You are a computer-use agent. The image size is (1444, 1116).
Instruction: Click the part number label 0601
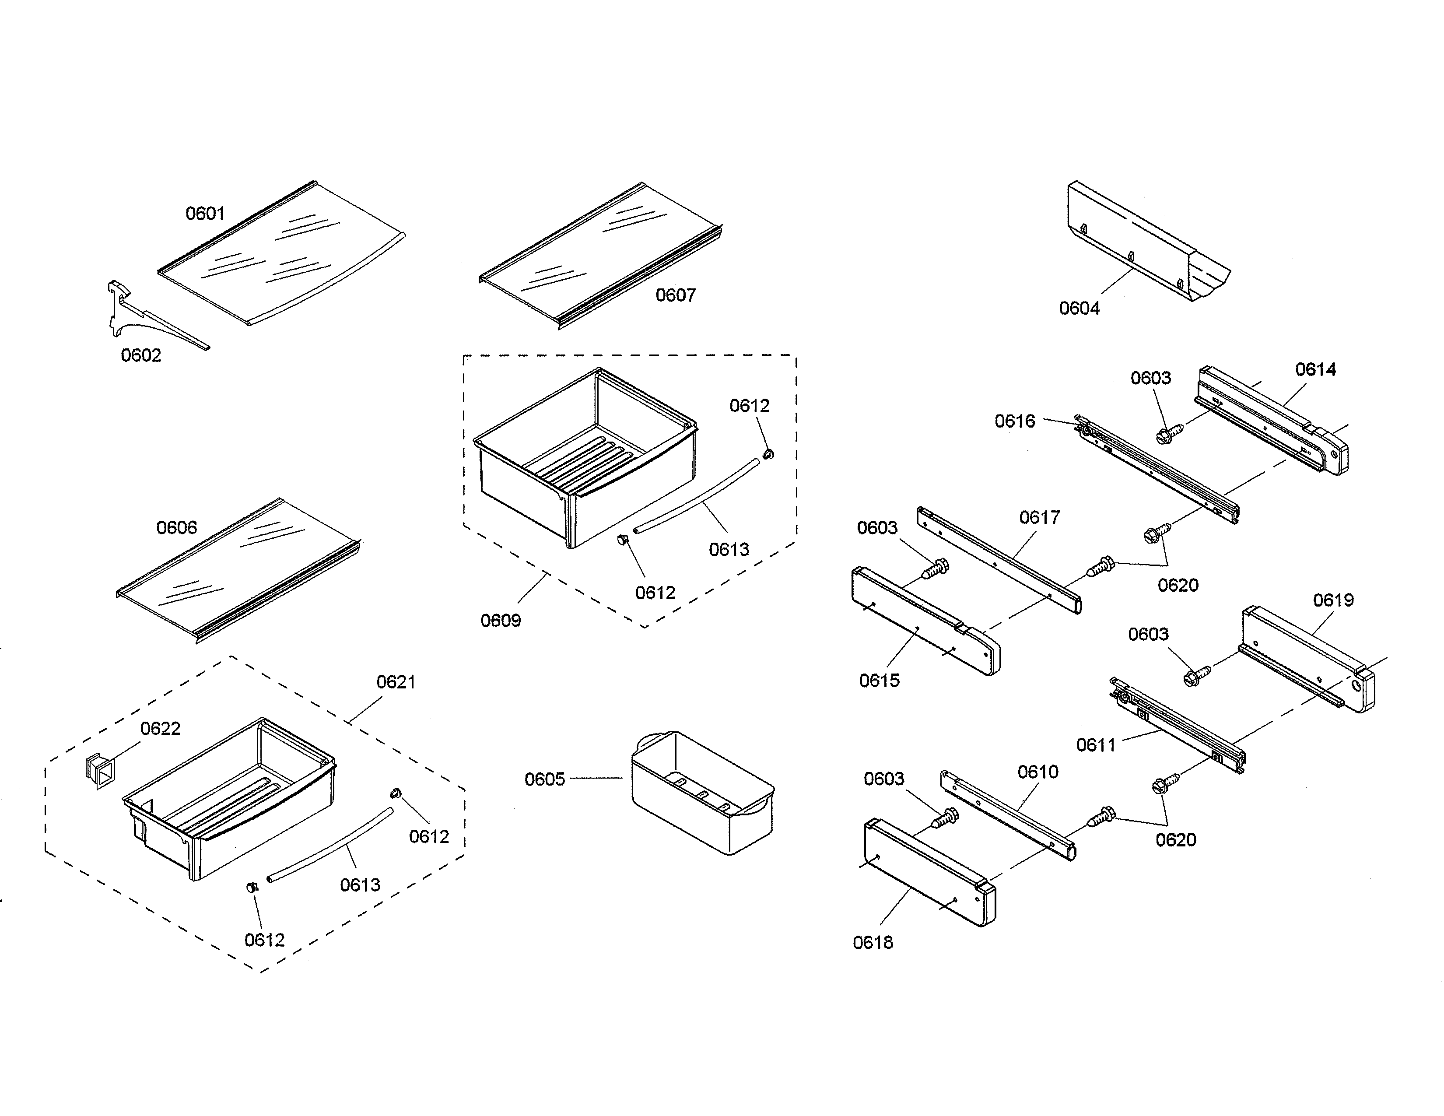coord(205,214)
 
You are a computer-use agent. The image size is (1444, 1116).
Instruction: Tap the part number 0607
coord(675,295)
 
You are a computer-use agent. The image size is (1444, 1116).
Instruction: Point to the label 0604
coord(1079,308)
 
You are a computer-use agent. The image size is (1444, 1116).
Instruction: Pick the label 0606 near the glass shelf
coord(176,528)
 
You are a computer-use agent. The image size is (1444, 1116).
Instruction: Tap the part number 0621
coord(396,681)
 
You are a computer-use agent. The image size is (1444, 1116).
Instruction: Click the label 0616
coord(1015,421)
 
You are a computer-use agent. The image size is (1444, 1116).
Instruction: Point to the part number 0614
coord(1315,369)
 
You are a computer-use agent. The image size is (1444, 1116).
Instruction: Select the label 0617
coord(1039,517)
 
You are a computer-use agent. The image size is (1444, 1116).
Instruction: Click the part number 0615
coord(880,680)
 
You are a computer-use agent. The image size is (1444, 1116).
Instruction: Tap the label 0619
coord(1333,600)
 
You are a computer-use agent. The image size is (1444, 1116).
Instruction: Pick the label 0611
coord(1096,745)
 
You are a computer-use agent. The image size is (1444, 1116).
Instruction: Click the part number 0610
coord(1037,772)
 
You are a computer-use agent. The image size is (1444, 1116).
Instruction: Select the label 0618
coord(873,943)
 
